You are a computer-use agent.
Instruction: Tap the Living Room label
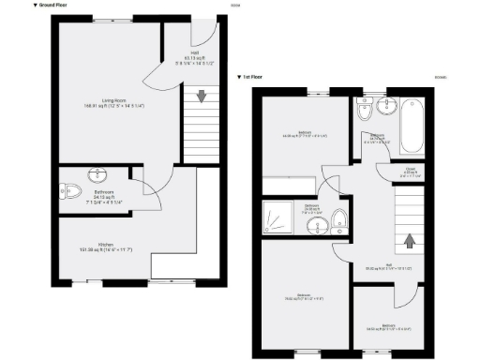click(x=115, y=97)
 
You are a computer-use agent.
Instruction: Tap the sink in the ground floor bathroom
click(x=98, y=174)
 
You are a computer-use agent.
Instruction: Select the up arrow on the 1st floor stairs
click(x=408, y=240)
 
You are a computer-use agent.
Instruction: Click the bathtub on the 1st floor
click(x=412, y=128)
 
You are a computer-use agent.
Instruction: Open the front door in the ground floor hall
click(x=204, y=30)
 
